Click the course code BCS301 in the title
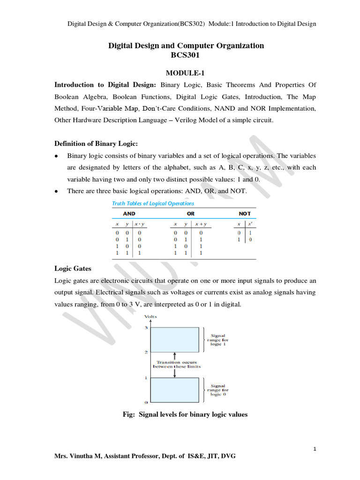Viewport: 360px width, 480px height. click(x=186, y=55)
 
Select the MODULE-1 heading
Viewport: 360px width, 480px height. click(x=186, y=73)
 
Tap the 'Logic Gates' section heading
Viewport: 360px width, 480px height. click(x=73, y=269)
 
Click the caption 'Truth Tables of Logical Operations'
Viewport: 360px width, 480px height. click(x=153, y=203)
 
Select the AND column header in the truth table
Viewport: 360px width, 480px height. click(x=129, y=213)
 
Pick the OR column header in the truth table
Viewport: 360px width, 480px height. click(x=191, y=213)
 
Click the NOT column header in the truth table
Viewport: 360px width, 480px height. click(x=245, y=213)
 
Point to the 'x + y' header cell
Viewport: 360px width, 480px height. click(x=202, y=224)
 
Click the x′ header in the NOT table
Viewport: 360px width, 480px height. click(x=250, y=224)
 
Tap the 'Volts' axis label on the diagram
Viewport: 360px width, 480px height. click(x=150, y=316)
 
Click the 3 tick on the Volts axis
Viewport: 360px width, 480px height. click(x=146, y=328)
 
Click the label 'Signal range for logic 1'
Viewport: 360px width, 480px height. click(x=218, y=339)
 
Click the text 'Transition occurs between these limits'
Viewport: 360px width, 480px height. click(x=177, y=364)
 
